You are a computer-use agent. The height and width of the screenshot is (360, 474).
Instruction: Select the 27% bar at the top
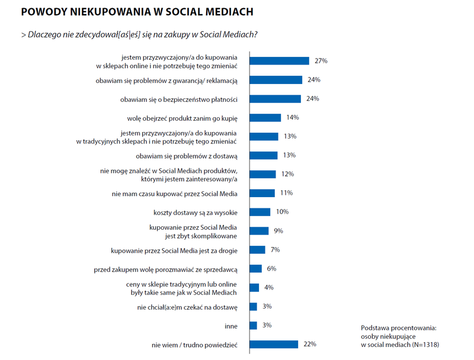pyautogui.click(x=280, y=60)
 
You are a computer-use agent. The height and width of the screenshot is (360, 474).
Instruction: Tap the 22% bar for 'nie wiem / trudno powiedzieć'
pyautogui.click(x=274, y=344)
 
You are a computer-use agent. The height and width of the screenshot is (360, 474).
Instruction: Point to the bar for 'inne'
pyautogui.click(x=254, y=325)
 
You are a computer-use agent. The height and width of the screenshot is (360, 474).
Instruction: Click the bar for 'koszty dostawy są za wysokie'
pyautogui.click(x=260, y=212)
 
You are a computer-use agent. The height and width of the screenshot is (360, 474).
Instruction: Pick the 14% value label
pyautogui.click(x=292, y=117)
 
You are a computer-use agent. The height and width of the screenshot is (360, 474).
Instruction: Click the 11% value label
pyautogui.click(x=286, y=193)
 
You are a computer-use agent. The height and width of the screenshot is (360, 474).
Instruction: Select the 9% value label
pyautogui.click(x=278, y=231)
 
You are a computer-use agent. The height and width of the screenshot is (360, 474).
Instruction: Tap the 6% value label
pyautogui.click(x=271, y=268)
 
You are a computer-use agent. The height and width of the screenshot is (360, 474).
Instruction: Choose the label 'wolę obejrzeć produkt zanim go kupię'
pyautogui.click(x=182, y=118)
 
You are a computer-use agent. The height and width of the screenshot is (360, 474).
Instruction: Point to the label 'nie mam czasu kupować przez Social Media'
pyautogui.click(x=174, y=193)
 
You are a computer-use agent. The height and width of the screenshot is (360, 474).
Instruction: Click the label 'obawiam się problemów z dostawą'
pyautogui.click(x=186, y=156)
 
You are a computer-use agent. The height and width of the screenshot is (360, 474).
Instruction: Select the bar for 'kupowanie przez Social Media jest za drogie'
pyautogui.click(x=257, y=250)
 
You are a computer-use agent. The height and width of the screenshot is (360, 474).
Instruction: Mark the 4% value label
pyautogui.click(x=269, y=287)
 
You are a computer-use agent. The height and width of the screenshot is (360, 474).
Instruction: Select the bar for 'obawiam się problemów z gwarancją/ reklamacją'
pyautogui.click(x=276, y=79)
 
